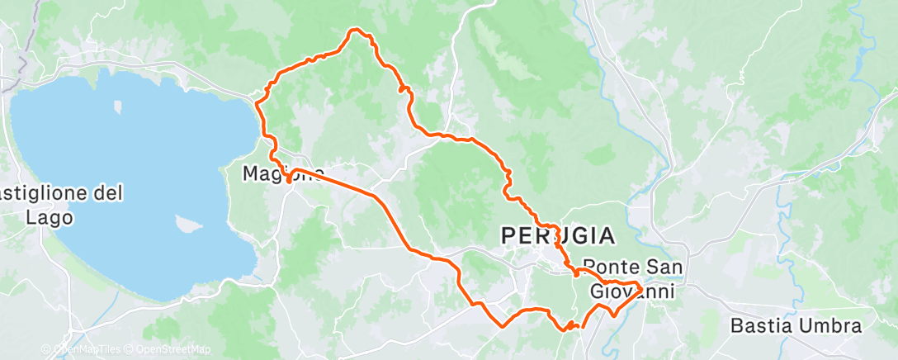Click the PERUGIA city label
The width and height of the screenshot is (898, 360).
pyautogui.click(x=558, y=236)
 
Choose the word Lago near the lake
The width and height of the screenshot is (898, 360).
pyautogui.click(x=50, y=218)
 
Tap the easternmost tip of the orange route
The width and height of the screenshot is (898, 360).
pyautogui.click(x=641, y=287)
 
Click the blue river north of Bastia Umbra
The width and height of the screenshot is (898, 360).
pyautogui.click(x=782, y=198)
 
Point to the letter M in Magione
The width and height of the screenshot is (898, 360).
pyautogui.click(x=250, y=174)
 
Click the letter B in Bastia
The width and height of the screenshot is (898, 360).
pyautogui.click(x=737, y=326)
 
